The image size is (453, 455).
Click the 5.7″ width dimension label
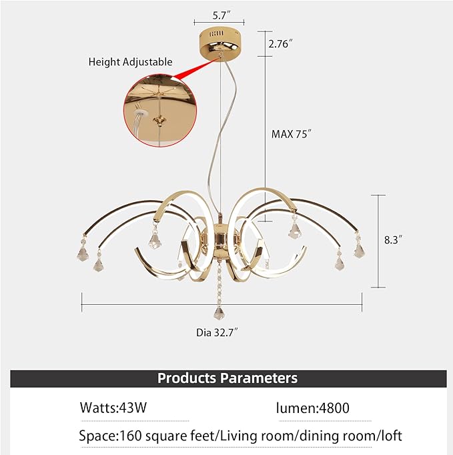pos(221,15)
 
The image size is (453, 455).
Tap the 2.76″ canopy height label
pos(280,44)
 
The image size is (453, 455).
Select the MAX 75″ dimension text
pos(292,134)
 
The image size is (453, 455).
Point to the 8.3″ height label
pos(393,240)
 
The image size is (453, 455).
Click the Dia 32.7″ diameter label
pos(217,332)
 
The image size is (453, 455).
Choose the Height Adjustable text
pos(130,62)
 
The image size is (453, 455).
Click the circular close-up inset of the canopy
pos(160,110)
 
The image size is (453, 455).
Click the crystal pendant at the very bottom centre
pos(219,314)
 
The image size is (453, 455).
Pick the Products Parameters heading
pos(228,378)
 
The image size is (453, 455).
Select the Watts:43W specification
pos(113,408)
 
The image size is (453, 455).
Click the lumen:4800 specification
pos(312,408)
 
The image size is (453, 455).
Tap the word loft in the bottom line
pos(391,436)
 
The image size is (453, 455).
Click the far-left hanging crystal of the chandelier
pos(83,253)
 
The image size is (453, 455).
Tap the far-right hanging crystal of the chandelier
pos(359,250)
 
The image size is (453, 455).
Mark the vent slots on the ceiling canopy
pos(216,33)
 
